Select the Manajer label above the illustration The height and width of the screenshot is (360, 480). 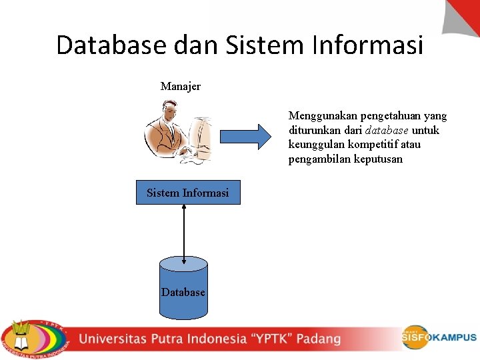(180, 87)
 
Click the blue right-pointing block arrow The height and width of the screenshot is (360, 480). (246, 137)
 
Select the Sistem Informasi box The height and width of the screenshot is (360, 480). (188, 193)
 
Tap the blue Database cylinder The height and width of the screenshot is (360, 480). (183, 287)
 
